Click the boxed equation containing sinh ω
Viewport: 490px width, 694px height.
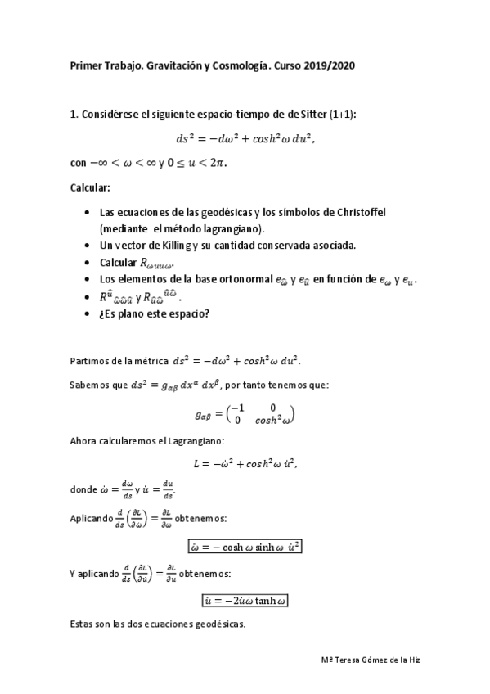245,547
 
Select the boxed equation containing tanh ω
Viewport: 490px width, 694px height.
245,600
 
